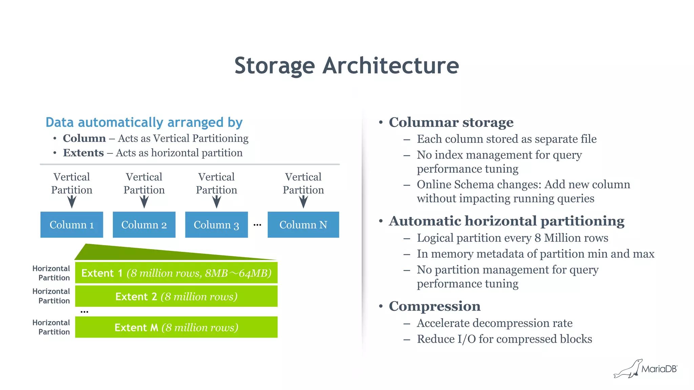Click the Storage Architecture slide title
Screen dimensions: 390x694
(346, 66)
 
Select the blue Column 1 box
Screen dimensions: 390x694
(72, 225)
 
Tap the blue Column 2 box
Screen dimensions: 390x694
(144, 225)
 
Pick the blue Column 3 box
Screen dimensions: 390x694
(216, 225)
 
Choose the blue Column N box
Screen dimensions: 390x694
(303, 225)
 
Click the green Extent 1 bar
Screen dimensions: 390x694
(176, 273)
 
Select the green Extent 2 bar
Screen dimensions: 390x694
(176, 297)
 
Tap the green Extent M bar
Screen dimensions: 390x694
(176, 327)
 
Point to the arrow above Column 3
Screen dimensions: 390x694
(217, 202)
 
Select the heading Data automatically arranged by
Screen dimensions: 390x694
(144, 123)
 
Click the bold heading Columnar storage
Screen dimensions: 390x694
(451, 123)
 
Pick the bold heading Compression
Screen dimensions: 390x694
(434, 306)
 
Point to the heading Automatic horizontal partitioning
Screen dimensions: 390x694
(507, 221)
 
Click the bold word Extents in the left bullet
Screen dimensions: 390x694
(83, 153)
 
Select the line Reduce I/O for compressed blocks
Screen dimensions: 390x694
(504, 339)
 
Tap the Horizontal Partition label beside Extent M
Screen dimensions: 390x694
(52, 327)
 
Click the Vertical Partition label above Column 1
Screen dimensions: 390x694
(72, 183)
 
